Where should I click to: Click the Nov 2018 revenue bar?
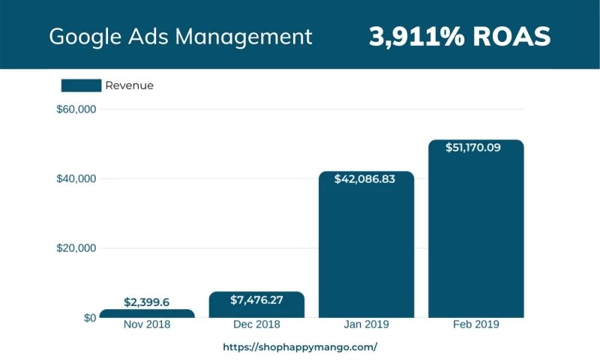click(147, 313)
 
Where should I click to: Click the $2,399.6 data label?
click(147, 302)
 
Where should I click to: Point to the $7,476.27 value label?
click(256, 300)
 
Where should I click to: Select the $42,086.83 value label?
click(366, 178)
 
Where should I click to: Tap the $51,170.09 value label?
click(475, 148)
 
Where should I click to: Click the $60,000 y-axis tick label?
click(76, 109)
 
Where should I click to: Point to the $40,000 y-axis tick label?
click(76, 178)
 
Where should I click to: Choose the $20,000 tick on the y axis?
click(76, 248)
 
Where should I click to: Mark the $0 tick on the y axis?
click(89, 317)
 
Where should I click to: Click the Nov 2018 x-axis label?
click(147, 325)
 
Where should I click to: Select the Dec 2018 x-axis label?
click(256, 325)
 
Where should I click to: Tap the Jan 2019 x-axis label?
click(366, 325)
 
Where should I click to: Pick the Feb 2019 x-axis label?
click(475, 325)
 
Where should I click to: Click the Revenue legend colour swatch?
click(81, 85)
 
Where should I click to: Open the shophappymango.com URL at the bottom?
click(300, 347)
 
